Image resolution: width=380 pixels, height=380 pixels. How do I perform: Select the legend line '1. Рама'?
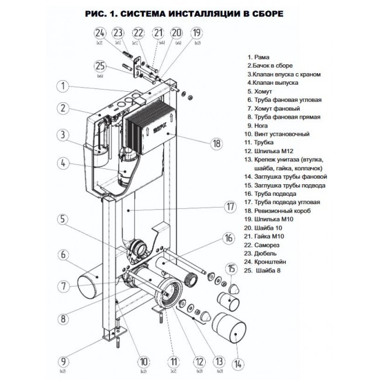[x=259, y=57]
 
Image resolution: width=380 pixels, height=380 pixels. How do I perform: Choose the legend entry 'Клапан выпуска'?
[x=281, y=84]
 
